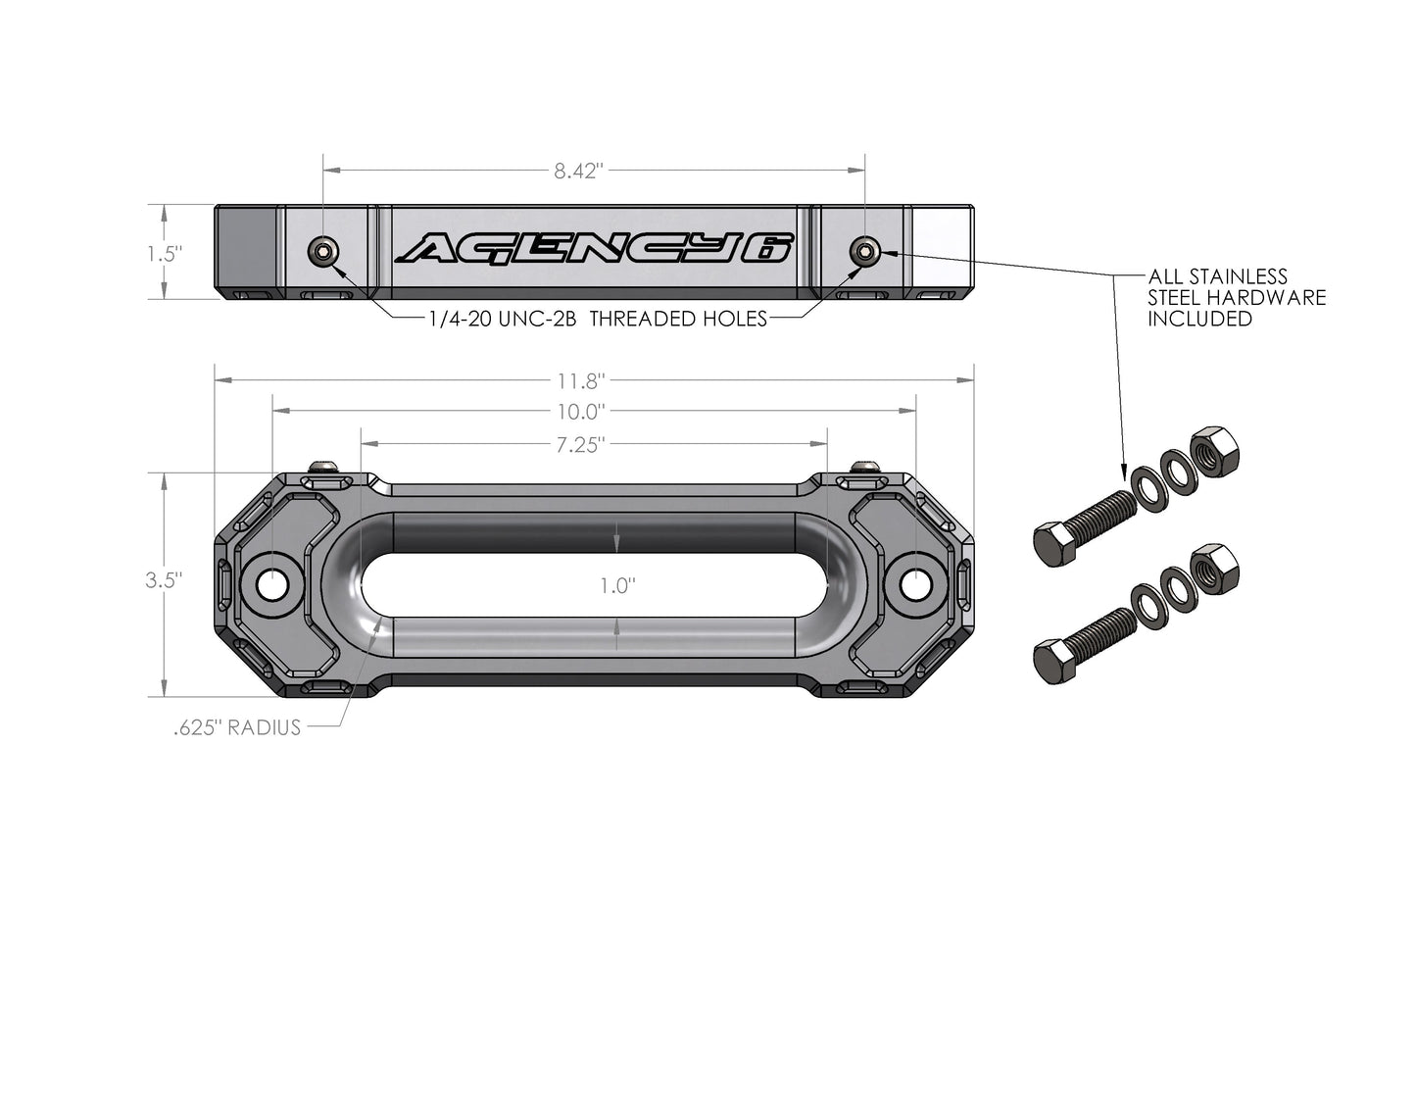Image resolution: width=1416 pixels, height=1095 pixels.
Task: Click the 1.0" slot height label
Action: (x=618, y=586)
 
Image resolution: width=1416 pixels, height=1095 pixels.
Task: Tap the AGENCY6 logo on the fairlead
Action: (x=594, y=250)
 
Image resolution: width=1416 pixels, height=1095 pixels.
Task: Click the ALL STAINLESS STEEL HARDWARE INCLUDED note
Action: (x=1237, y=298)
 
